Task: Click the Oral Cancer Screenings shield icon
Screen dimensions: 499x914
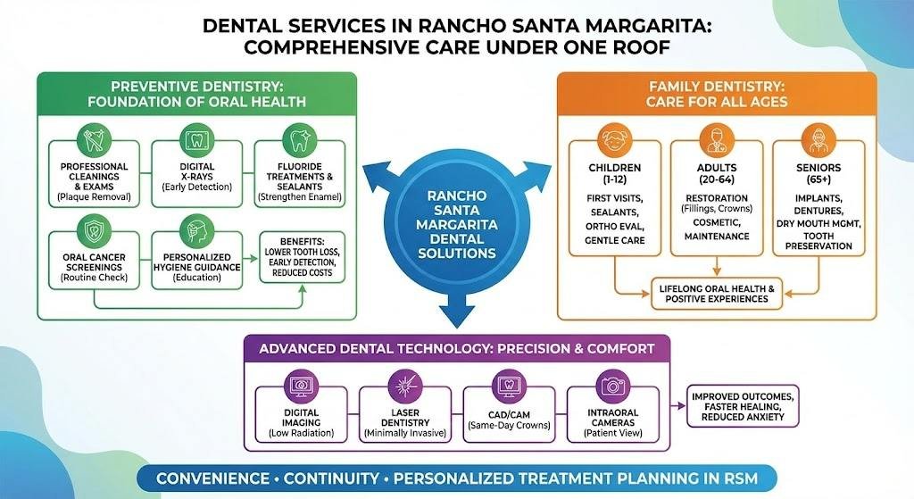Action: [94, 230]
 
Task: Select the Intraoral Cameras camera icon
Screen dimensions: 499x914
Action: [612, 386]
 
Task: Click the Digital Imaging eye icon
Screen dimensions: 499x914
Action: [297, 386]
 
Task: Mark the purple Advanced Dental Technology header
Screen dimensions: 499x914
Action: [456, 348]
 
